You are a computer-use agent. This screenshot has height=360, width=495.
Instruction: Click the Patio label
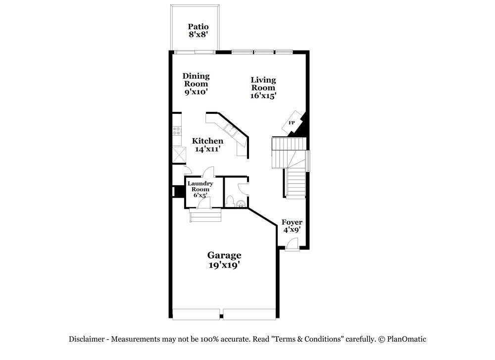198,27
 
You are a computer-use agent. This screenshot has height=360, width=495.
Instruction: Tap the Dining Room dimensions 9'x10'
196,92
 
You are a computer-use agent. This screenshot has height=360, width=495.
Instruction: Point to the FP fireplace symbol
292,123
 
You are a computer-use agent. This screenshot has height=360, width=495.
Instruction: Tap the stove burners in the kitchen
177,131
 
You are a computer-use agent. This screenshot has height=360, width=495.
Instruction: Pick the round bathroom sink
241,203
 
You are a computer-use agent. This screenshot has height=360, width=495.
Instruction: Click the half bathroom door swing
243,189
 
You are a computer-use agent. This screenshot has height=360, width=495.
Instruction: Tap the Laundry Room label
200,186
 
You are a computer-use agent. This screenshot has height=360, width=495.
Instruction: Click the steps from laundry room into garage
204,216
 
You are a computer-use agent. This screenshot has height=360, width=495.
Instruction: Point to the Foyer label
292,222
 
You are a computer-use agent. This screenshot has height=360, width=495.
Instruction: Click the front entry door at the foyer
292,244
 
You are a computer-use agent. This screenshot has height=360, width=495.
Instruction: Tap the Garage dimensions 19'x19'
224,265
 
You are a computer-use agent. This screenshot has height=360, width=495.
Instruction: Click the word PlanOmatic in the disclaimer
407,339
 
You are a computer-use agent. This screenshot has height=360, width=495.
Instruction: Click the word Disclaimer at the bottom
86,339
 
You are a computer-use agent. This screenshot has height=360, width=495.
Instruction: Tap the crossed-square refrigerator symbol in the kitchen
178,155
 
